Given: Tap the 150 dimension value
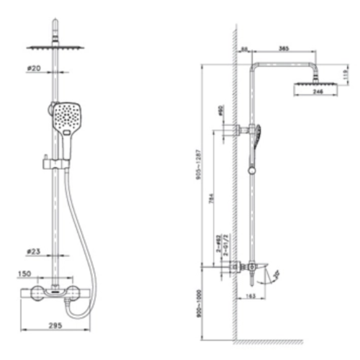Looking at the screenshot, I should coord(24,274).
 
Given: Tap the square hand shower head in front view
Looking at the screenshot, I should coord(65,117).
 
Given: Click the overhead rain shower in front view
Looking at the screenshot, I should coord(56,48).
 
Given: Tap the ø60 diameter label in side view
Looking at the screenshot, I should coord(219,114).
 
